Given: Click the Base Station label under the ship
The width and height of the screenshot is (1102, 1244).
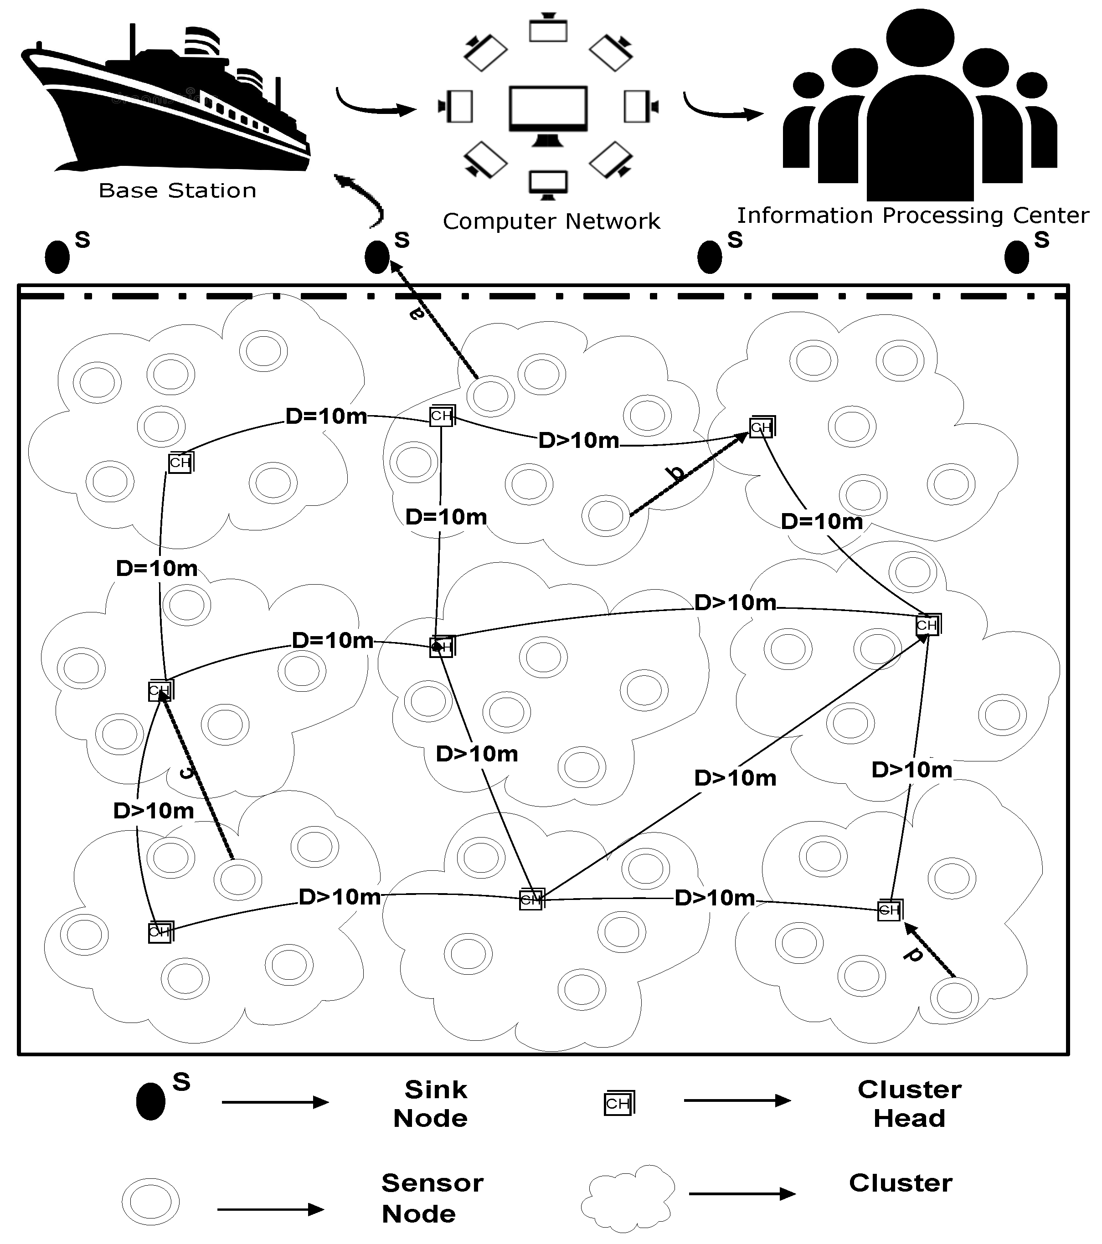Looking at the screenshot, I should [x=177, y=190].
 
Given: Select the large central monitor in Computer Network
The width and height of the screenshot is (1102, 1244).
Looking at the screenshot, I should [x=548, y=109].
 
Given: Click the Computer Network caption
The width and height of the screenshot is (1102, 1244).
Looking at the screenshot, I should [x=551, y=221].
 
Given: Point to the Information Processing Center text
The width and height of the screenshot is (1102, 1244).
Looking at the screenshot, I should [x=913, y=216].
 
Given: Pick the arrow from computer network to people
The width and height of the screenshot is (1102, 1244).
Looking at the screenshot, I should [x=721, y=108].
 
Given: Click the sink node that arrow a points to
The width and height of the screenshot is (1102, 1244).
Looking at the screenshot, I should [x=377, y=257].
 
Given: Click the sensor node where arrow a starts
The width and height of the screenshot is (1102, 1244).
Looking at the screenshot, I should [x=491, y=396].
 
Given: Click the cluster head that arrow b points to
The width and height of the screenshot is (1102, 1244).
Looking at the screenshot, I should [x=761, y=427].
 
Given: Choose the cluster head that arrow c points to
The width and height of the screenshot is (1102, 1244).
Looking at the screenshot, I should [x=160, y=690].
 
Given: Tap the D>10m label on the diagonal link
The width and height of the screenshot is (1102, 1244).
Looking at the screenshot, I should [x=735, y=778].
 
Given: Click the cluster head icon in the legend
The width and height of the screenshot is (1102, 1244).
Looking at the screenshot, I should [x=618, y=1103].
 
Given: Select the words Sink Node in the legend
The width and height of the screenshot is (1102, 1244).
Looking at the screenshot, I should [x=432, y=1103].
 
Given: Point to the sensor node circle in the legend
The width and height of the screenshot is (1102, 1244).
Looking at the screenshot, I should [x=150, y=1202].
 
